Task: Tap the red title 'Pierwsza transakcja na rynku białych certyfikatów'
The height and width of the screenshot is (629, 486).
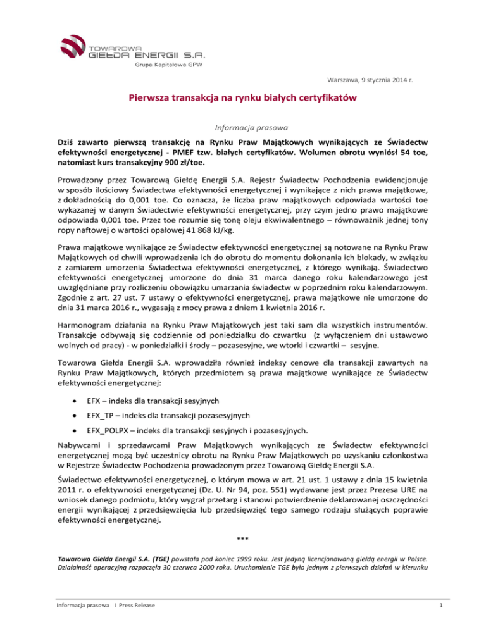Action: (242, 99)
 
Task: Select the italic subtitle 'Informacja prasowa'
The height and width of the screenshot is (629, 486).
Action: (242, 127)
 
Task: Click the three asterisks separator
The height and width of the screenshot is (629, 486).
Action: (242, 539)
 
